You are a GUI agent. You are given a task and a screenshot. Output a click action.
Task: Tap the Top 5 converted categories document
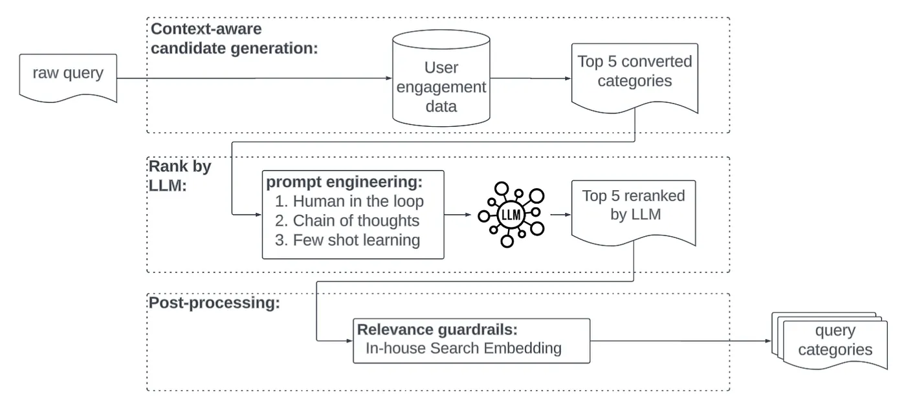[634, 74]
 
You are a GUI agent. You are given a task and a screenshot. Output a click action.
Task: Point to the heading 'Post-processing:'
[214, 303]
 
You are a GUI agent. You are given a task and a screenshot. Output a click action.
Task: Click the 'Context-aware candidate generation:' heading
[234, 39]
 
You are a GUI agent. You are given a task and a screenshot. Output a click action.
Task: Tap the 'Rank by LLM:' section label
[180, 175]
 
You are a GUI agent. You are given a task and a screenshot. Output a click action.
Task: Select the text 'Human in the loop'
[358, 201]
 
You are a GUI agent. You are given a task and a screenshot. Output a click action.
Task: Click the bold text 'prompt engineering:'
[344, 181]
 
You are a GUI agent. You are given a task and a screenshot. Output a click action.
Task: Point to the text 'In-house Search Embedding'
[463, 349]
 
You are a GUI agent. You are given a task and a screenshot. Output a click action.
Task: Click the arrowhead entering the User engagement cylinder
[388, 78]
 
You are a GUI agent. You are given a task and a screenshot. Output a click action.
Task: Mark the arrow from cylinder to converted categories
[528, 78]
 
